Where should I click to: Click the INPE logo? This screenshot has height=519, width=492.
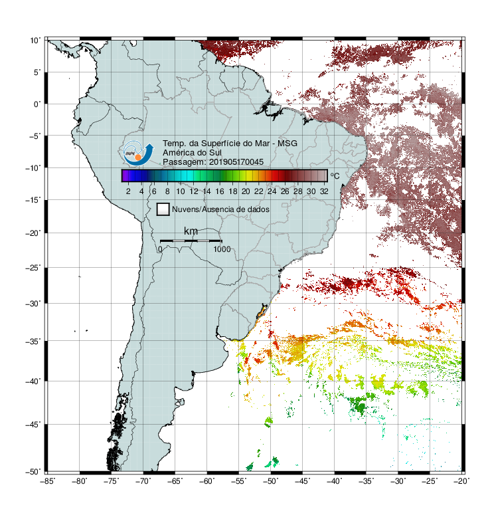(138, 154)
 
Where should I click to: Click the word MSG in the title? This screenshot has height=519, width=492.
(287, 144)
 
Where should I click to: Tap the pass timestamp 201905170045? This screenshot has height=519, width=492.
(236, 162)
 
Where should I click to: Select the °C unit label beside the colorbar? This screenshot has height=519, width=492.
(335, 175)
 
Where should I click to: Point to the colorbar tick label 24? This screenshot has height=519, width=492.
(272, 191)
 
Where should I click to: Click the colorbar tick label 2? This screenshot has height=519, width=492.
(128, 191)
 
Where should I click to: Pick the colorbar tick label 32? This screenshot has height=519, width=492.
(324, 191)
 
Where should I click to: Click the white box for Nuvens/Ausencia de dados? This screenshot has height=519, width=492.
(163, 209)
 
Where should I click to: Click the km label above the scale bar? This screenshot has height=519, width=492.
(191, 231)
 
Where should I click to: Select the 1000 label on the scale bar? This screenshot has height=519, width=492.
(222, 249)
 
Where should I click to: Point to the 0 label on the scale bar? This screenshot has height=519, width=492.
(160, 249)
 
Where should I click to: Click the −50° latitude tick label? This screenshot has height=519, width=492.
(33, 471)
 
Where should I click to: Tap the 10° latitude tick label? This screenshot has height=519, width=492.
(36, 41)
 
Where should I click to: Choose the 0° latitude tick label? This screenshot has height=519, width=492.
(37, 104)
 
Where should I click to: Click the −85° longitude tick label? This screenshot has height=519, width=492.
(48, 481)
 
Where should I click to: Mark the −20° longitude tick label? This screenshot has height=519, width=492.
(461, 481)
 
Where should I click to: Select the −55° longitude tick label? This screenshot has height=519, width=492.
(238, 481)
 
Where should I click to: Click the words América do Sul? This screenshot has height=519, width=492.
(192, 153)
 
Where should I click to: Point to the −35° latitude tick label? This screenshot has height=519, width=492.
(33, 341)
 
